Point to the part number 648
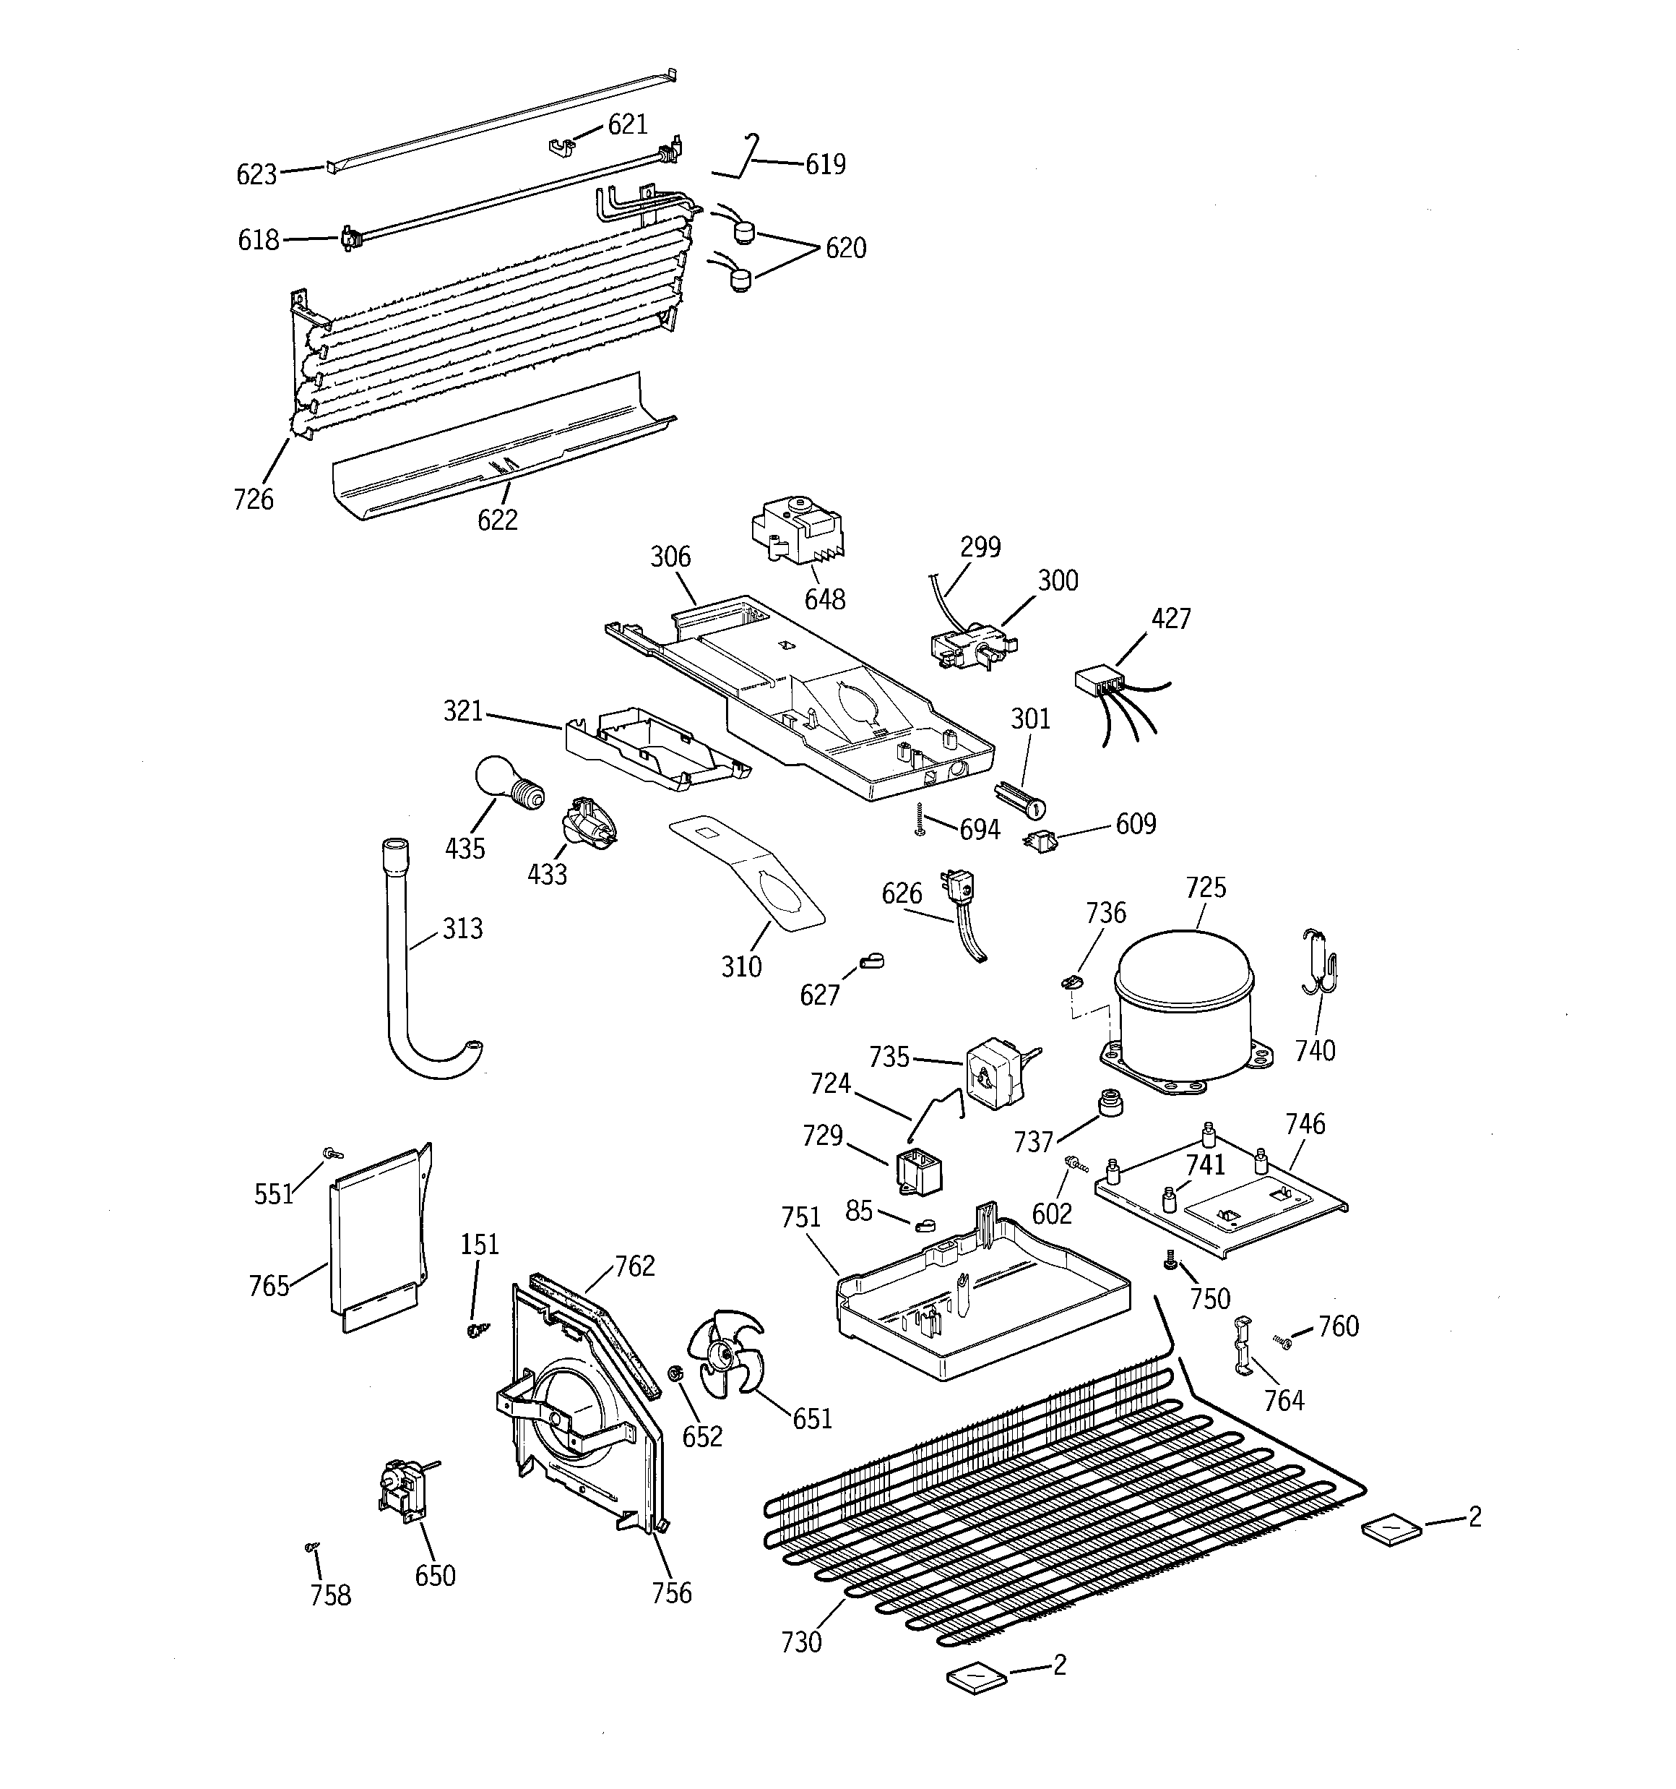click(824, 599)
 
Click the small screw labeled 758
click(311, 1546)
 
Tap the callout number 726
click(253, 499)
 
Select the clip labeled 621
click(562, 145)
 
